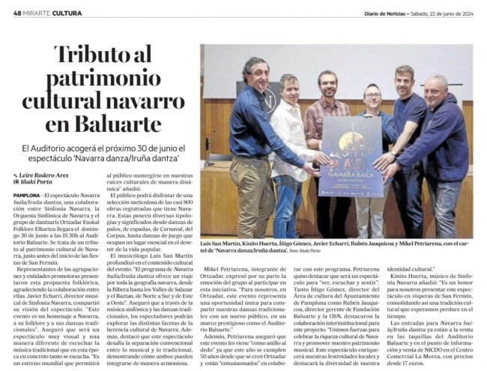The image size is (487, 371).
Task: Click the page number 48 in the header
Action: pos(17,12)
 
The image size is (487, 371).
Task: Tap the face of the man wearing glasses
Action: pos(372,97)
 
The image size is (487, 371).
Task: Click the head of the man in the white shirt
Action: pos(289,87)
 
